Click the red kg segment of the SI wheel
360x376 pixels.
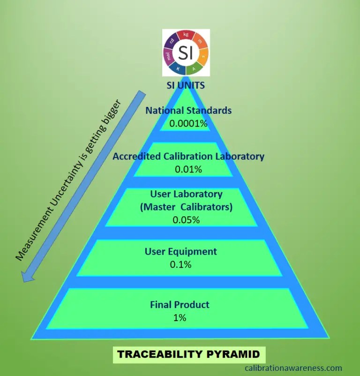point(186,35)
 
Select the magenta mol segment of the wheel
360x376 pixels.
point(168,56)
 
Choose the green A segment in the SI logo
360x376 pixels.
point(194,69)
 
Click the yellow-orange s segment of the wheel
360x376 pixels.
point(203,57)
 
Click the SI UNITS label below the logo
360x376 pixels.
point(186,86)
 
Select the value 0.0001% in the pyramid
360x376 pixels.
point(188,123)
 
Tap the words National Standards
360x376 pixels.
point(188,111)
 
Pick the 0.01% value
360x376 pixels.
point(188,169)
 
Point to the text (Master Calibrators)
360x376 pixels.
point(186,207)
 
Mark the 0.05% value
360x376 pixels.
point(186,219)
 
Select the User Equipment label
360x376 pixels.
point(180,252)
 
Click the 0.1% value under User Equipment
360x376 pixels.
point(180,264)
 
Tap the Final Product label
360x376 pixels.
point(180,305)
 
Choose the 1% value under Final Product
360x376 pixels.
point(180,317)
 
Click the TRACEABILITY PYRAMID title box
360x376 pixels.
point(188,354)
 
